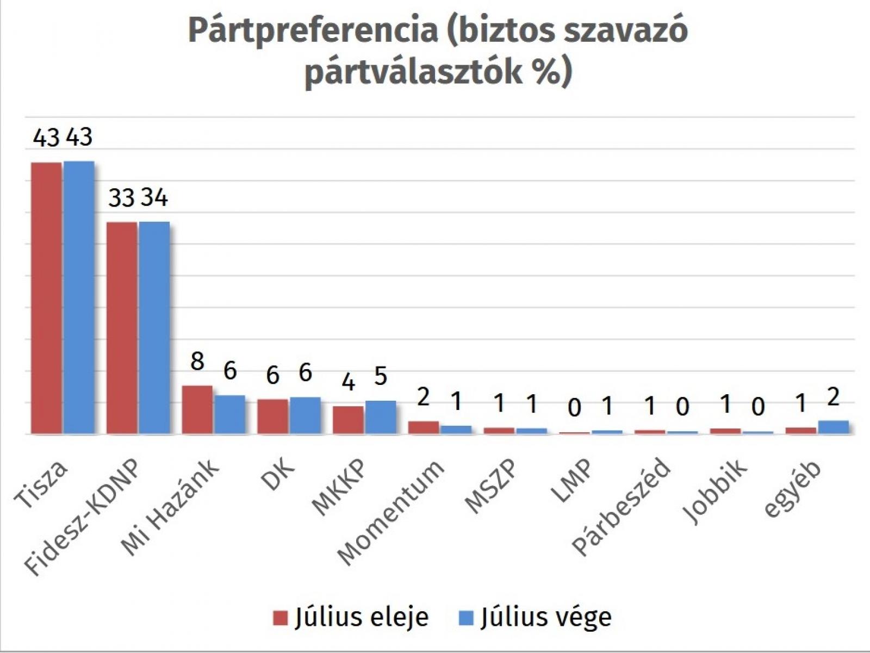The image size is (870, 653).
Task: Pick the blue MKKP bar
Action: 381,417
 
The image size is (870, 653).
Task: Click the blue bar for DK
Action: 305,415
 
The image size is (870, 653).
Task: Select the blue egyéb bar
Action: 833,427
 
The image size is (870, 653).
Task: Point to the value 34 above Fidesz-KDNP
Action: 154,197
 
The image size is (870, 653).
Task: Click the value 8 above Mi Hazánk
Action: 197,361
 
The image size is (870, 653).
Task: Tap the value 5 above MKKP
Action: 381,376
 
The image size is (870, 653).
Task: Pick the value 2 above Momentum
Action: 423,397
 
